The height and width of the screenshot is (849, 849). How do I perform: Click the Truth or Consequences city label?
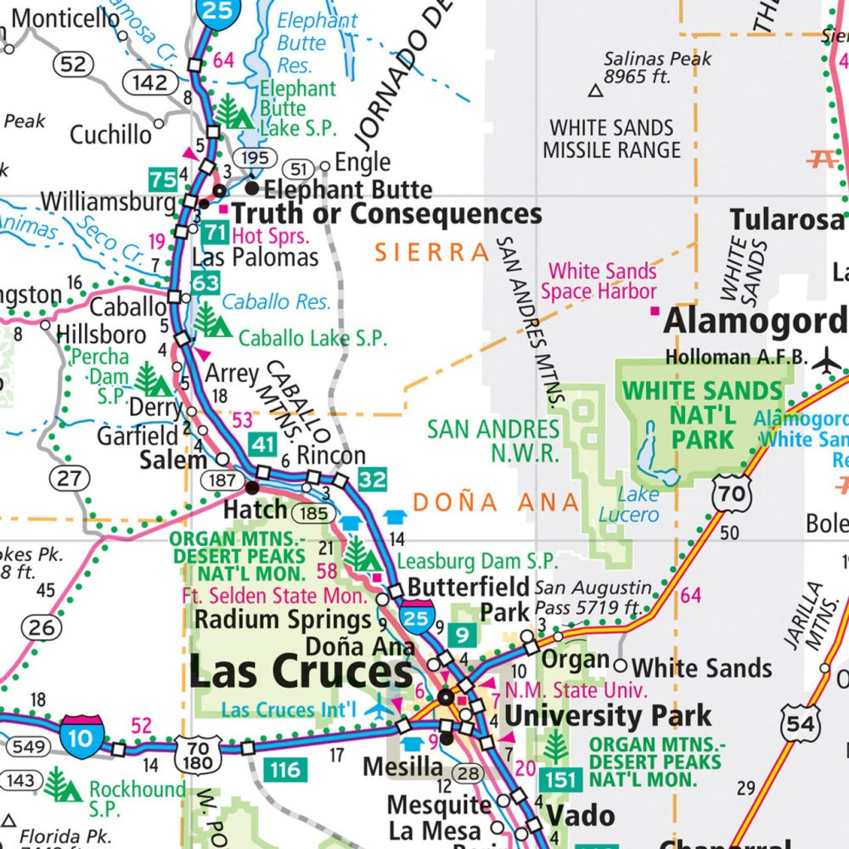tap(386, 214)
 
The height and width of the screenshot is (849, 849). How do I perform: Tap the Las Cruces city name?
tap(301, 672)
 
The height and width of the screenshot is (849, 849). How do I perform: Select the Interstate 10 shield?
tap(82, 737)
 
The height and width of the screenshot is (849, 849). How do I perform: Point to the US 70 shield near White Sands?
tap(732, 492)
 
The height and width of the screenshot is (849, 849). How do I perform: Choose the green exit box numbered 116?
tap(284, 770)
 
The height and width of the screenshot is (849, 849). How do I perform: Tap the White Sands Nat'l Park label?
tap(702, 415)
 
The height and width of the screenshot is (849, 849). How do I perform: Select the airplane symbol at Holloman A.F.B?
tap(826, 360)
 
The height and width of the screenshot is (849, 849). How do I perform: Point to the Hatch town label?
tap(255, 509)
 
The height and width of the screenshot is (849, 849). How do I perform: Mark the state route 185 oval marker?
tap(313, 513)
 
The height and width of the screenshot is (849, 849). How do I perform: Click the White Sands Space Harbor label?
tap(602, 281)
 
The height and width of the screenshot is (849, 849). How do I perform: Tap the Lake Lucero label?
tap(628, 504)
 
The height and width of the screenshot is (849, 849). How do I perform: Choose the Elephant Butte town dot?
tap(252, 187)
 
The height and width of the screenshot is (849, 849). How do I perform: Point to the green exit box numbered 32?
tap(372, 479)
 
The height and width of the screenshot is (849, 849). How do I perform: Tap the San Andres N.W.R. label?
tap(493, 441)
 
